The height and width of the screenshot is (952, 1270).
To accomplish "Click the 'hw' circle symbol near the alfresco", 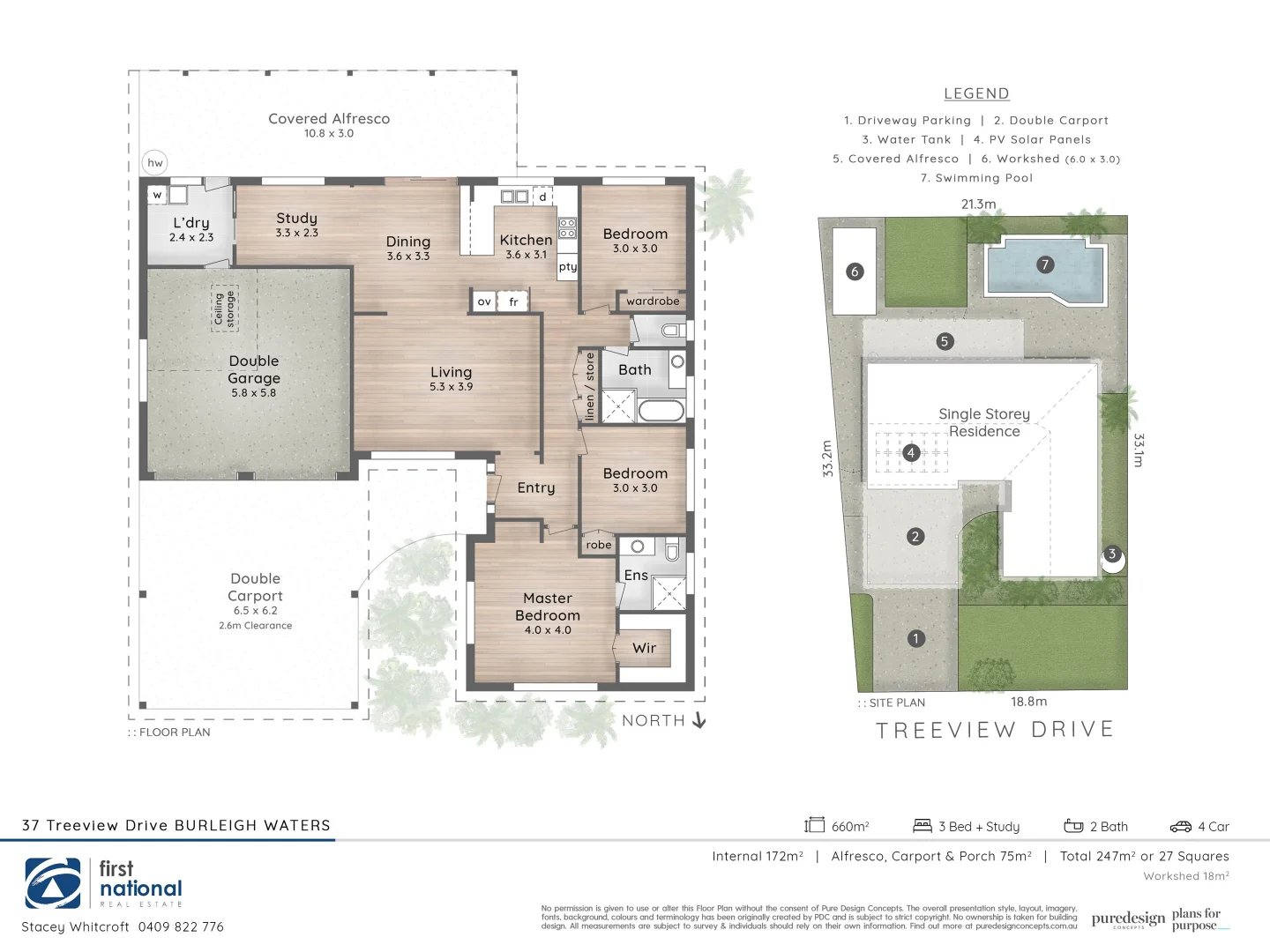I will pos(155,162).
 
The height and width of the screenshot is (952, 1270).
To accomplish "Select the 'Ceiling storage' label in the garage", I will pos(225,309).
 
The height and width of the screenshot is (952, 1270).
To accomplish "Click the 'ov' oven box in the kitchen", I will pos(484,301).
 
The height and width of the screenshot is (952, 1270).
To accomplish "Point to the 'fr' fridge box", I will pos(513,301).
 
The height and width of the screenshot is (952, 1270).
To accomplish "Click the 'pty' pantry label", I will pos(568,266).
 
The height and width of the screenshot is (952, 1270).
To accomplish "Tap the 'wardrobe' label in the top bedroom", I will pos(653,301).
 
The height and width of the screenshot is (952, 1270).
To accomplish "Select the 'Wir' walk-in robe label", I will pos(644,648).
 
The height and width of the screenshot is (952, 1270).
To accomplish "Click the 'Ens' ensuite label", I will pos(636,575).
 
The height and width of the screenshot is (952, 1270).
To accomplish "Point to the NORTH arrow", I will pos(699,720).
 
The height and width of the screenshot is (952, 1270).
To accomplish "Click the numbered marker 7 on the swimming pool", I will pos(1045,264).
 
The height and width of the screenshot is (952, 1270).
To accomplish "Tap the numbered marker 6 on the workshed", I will pos(854,271).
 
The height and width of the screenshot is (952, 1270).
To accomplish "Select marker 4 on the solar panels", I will pos(911,452).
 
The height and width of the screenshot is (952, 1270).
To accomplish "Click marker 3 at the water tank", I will pos(1112,554).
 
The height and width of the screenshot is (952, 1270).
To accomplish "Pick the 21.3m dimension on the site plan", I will pos(978,204).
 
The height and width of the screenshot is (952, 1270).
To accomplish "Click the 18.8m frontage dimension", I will pos(1028,702).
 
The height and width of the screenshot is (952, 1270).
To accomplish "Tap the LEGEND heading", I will pos(976,93).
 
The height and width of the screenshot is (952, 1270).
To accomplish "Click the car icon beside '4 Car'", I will pos(1180,827).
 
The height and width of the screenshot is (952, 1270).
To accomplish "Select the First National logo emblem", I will pos(53,883).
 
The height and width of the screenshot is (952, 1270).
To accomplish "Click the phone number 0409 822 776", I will pos(181,926).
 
